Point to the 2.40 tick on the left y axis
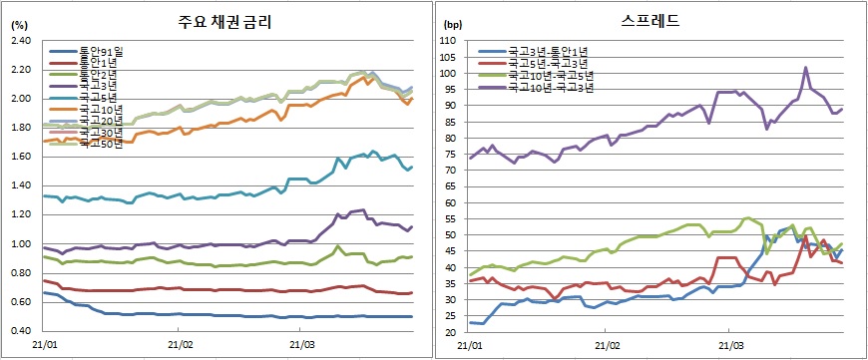click(21, 41)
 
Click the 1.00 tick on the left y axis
click(21, 244)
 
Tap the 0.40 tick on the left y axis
click(21, 331)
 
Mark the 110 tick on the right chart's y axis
click(447, 41)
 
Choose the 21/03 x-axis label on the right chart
click(729, 346)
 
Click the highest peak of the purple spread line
click(805, 68)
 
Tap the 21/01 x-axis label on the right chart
click(470, 346)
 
